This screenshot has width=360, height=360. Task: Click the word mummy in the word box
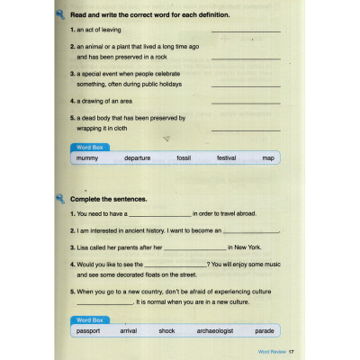click(88, 157)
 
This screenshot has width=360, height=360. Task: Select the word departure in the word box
click(138, 157)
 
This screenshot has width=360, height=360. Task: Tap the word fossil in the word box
click(184, 157)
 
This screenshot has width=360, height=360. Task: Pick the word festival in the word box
click(226, 157)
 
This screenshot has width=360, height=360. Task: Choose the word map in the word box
click(267, 157)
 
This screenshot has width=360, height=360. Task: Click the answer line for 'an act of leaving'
click(245, 32)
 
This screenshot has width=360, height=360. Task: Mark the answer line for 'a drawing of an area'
click(245, 103)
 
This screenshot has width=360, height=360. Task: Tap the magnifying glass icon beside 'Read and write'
click(59, 15)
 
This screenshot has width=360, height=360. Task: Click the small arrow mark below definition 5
click(166, 138)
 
